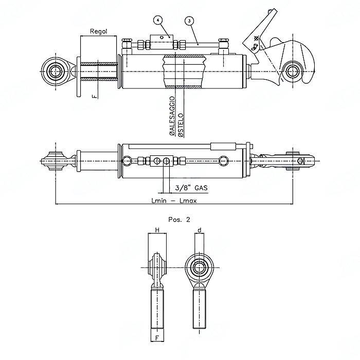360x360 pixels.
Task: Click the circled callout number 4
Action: (157, 20)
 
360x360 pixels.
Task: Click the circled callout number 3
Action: (190, 21)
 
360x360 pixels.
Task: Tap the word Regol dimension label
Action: (98, 31)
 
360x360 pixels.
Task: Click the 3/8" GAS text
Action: (191, 189)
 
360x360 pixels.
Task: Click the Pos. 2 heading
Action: (179, 219)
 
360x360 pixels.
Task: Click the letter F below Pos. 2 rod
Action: (157, 337)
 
